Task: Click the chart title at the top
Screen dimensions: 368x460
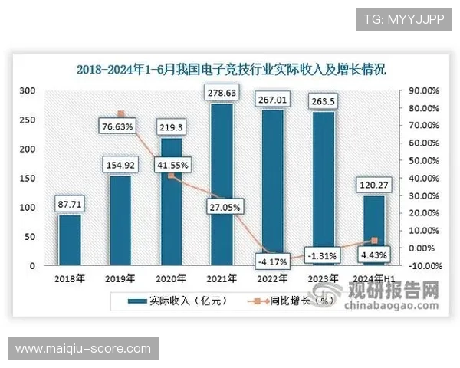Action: pos(231,69)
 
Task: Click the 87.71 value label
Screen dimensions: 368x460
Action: pos(70,205)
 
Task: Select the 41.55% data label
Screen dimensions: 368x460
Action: pos(171,164)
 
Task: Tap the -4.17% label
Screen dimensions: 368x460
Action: pos(273,261)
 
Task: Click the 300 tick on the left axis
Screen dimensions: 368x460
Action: pos(28,90)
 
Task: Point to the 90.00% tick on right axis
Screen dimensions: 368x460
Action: pos(422,90)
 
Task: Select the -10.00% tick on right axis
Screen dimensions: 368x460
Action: pos(422,266)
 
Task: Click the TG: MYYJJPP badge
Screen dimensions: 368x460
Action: pos(405,18)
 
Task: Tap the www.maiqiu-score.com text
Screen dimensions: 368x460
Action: pos(83,349)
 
